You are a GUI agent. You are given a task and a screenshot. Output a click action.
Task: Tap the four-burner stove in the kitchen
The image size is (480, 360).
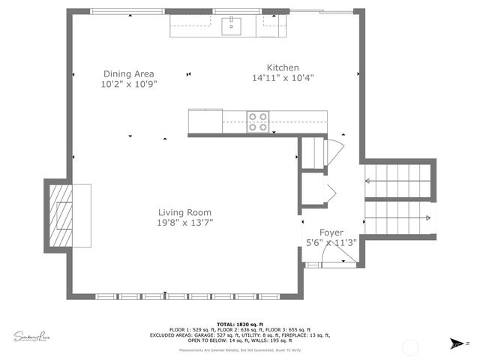click(x=258, y=121)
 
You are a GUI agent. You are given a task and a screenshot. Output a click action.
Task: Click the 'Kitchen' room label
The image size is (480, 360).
click(x=283, y=67)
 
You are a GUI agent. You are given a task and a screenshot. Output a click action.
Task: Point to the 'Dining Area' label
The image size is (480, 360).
click(x=128, y=73)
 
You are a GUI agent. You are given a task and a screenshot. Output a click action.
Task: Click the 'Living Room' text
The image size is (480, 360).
click(x=184, y=212)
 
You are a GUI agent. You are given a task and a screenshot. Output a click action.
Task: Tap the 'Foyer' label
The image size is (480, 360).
click(x=331, y=232)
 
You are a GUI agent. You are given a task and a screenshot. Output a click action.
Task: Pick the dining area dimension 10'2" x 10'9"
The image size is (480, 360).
click(x=128, y=84)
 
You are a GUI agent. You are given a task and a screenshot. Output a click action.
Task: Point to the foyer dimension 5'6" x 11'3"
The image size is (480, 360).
click(x=331, y=242)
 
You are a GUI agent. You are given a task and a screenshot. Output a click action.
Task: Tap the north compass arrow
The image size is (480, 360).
click(x=454, y=343)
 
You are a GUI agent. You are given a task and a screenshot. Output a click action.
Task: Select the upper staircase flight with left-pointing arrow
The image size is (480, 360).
click(x=397, y=181)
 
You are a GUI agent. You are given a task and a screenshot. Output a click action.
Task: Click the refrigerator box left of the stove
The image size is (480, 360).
click(x=205, y=121)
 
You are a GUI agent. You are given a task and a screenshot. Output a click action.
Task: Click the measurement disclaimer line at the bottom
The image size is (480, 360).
click(x=239, y=350)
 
